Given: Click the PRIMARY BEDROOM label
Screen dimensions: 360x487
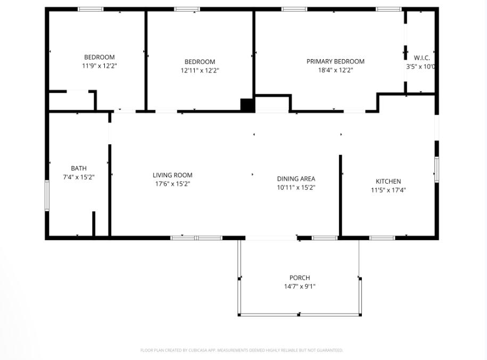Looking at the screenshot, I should click(x=335, y=61).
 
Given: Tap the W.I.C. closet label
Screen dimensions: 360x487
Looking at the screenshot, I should click(x=422, y=58).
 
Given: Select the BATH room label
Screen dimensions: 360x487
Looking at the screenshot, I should click(x=79, y=168).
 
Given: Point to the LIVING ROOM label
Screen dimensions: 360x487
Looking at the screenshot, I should click(x=172, y=175).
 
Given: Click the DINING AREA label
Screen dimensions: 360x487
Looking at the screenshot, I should click(x=296, y=179).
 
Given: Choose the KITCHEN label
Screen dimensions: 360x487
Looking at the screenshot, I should click(x=389, y=182).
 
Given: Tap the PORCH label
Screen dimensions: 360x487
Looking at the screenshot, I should click(x=300, y=277).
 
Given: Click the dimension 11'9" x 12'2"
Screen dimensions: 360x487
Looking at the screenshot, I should click(x=99, y=66).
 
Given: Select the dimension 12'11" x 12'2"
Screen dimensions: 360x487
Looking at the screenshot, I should click(x=200, y=70).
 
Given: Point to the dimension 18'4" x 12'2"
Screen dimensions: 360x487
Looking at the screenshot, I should click(x=335, y=70).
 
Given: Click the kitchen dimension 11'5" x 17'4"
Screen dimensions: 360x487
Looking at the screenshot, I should click(x=389, y=190).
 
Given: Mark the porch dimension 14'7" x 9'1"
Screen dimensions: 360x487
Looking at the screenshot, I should click(x=300, y=286).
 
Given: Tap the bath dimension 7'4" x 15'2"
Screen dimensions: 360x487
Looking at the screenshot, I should click(x=79, y=177).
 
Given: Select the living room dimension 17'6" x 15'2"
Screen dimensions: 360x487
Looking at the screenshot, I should click(x=172, y=184).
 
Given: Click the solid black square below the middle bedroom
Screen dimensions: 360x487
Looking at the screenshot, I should click(x=247, y=105).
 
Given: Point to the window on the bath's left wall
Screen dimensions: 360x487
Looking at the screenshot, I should click(x=47, y=195).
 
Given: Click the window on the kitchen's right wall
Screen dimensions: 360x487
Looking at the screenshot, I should click(x=436, y=170).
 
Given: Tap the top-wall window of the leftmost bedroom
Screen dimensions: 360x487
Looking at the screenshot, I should click(x=90, y=9).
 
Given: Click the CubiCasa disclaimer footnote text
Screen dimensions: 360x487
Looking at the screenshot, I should click(x=242, y=350).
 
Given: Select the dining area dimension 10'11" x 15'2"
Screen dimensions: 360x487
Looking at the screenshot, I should click(x=296, y=187).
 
